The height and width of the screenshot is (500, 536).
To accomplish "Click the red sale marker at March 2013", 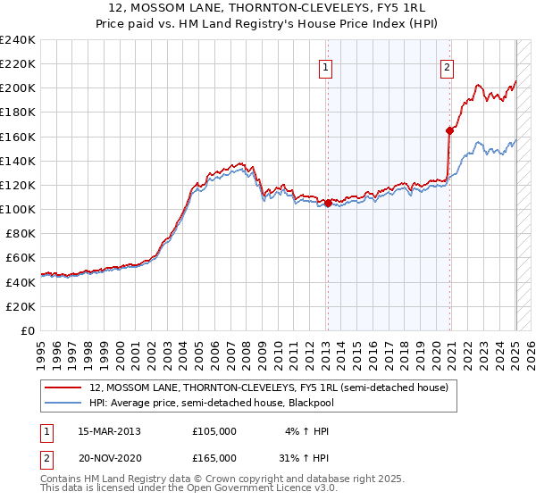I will (328, 203).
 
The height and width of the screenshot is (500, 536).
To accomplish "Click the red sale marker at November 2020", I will (449, 130).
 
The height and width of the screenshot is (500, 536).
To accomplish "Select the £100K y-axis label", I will (18, 209).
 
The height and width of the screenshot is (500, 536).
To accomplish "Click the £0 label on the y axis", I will (28, 330).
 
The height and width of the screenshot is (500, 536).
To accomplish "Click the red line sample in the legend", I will (63, 387).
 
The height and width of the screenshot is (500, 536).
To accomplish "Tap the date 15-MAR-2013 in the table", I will (109, 430).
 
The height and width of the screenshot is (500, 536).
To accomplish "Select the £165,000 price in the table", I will (214, 457).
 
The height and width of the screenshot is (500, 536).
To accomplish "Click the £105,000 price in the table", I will (214, 430).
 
